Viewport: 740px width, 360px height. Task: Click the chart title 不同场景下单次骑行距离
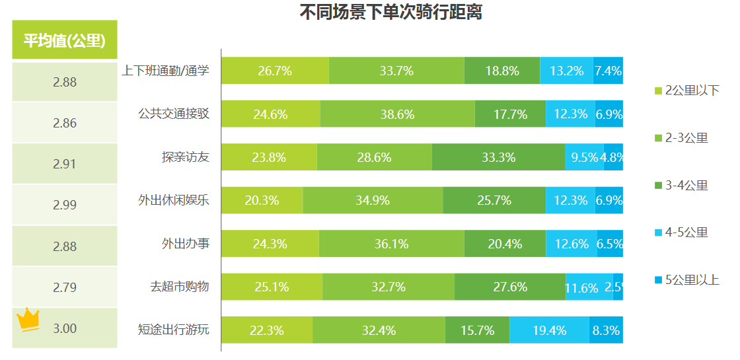click(390, 12)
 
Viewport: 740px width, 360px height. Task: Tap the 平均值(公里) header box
click(65, 40)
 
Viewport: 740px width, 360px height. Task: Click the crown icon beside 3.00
click(28, 319)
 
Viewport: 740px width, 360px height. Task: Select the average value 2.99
click(65, 205)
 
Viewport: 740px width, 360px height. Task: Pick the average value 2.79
click(65, 287)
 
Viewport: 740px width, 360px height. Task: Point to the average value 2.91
click(65, 164)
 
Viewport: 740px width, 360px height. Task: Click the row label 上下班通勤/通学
click(165, 71)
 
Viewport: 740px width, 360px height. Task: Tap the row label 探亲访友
click(185, 157)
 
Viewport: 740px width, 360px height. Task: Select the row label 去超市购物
click(179, 287)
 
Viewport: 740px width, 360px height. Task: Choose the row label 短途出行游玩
click(173, 330)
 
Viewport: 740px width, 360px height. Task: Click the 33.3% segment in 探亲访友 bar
click(498, 157)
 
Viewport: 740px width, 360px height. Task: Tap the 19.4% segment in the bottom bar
click(549, 330)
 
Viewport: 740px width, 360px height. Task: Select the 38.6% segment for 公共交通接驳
click(397, 114)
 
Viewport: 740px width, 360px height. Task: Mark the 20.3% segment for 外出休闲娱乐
click(262, 200)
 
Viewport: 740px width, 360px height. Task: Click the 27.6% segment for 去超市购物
click(509, 287)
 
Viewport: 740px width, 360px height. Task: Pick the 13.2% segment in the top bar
click(566, 71)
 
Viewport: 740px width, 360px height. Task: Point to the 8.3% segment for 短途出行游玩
click(606, 330)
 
